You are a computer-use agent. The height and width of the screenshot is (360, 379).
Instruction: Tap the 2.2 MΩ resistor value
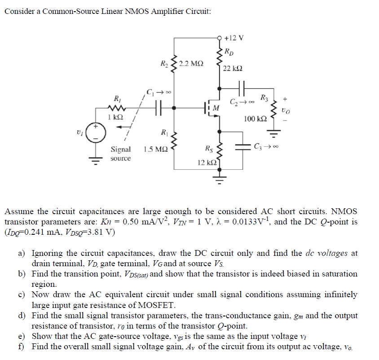[190, 64]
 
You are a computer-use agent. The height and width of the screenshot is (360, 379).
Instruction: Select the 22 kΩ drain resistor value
[233, 68]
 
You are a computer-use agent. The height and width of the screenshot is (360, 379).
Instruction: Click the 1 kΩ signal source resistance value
[115, 117]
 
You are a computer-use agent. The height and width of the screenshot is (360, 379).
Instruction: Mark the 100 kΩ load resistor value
[256, 119]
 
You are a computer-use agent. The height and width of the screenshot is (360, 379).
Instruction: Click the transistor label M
[216, 108]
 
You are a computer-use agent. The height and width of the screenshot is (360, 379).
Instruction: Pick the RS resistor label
[209, 149]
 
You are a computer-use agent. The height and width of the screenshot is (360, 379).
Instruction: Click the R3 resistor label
[265, 97]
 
